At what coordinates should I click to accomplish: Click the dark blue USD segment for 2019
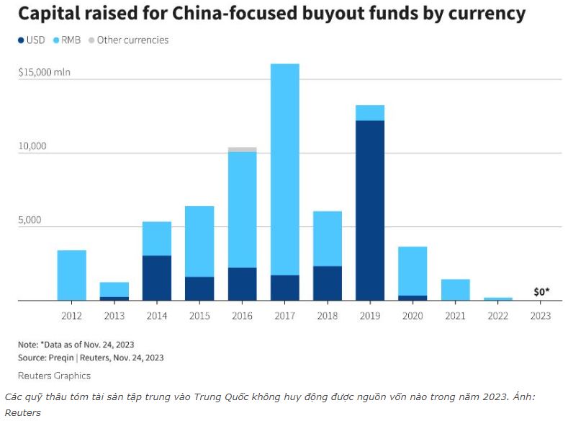(370, 211)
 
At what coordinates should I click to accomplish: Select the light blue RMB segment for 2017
(285, 169)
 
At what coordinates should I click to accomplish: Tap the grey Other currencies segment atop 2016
(243, 149)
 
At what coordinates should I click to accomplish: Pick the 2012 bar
(72, 275)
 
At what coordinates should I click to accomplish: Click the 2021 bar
(456, 290)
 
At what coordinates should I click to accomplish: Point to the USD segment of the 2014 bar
(157, 278)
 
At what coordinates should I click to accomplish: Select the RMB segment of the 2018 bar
(328, 239)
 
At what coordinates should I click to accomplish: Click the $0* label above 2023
(541, 291)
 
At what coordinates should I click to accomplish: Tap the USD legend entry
(32, 40)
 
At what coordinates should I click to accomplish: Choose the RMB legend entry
(67, 40)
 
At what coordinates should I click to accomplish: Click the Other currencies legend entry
(129, 40)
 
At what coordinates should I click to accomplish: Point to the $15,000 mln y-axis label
(44, 72)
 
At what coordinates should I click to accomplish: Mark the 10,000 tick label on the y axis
(32, 146)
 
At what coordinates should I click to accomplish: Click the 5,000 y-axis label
(30, 220)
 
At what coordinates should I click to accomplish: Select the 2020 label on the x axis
(413, 316)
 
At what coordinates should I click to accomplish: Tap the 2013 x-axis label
(114, 316)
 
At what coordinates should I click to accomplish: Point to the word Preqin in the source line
(60, 358)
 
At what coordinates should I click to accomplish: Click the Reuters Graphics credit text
(54, 376)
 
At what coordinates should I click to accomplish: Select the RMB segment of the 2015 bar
(199, 241)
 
